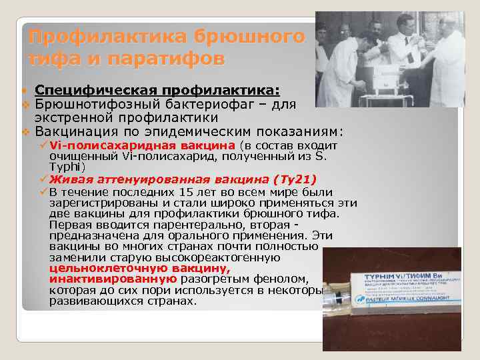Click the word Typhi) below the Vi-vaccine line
coord(67,167)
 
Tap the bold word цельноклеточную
coord(93,268)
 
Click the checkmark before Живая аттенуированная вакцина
coord(43,179)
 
